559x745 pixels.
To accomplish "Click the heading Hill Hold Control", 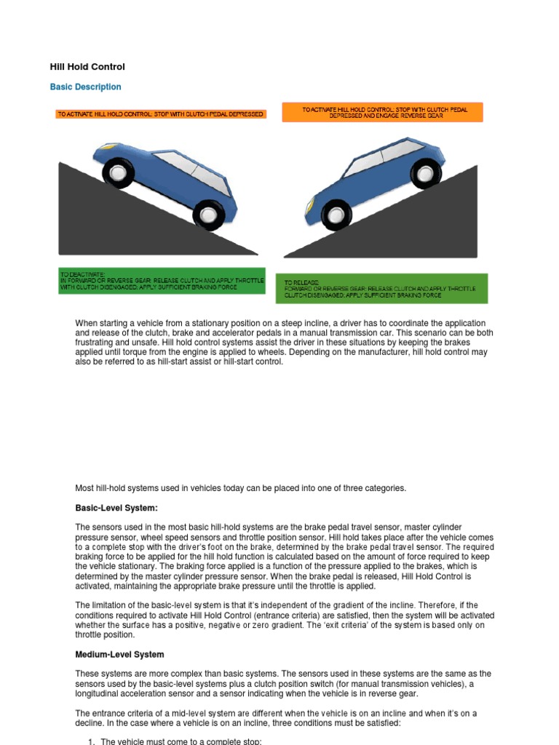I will pyautogui.click(x=87, y=67).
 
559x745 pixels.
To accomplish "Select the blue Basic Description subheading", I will pyautogui.click(x=85, y=87).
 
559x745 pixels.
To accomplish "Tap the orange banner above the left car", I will pyautogui.click(x=161, y=114).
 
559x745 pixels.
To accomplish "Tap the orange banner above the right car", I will pyautogui.click(x=382, y=113).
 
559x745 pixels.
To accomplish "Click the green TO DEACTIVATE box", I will pyautogui.click(x=162, y=281).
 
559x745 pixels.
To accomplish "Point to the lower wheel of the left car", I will pyautogui.click(x=209, y=215).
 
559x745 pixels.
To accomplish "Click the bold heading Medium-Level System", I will pyautogui.click(x=119, y=655).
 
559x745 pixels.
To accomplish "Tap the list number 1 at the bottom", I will pyautogui.click(x=91, y=741).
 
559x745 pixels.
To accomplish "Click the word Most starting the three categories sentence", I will pyautogui.click(x=87, y=488).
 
